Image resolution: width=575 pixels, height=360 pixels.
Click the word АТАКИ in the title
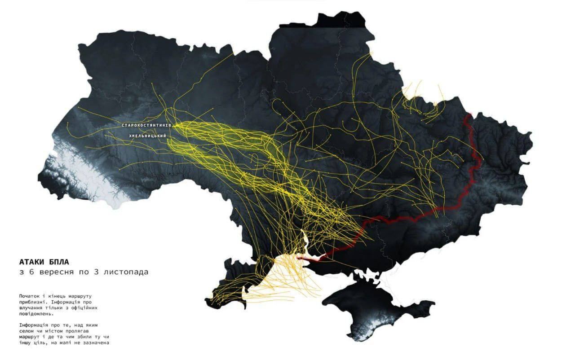tap(33, 262)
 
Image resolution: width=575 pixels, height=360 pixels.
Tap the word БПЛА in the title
tap(60, 262)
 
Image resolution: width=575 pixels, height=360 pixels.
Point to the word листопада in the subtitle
tap(126, 272)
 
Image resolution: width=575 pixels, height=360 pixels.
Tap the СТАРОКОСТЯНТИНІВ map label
tap(146, 125)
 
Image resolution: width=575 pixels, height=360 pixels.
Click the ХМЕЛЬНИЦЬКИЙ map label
tap(148, 136)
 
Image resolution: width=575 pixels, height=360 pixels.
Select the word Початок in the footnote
tap(29, 296)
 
